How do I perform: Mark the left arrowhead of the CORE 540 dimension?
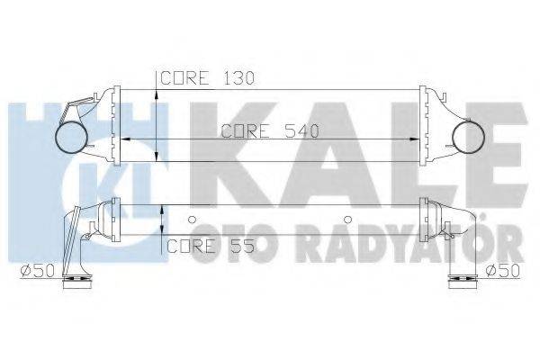(124, 139)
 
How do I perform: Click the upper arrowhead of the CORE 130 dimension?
(159, 94)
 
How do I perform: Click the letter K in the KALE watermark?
(238, 157)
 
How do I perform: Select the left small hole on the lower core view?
(193, 219)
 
